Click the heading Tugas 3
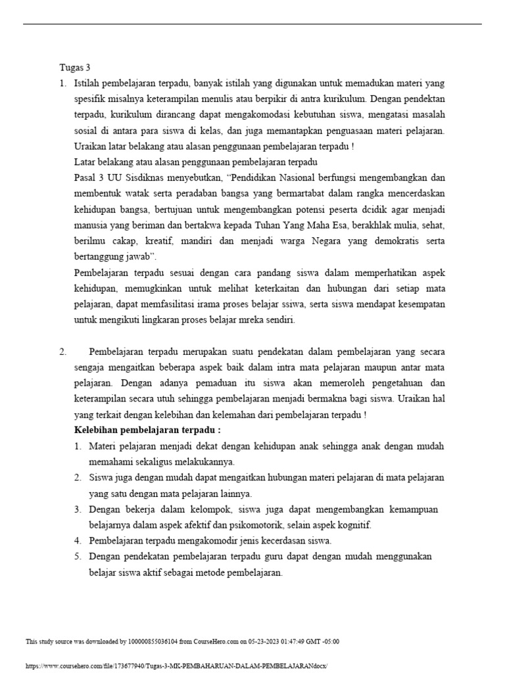click(x=74, y=67)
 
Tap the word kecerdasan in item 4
click(x=282, y=540)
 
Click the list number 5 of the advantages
click(x=77, y=556)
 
